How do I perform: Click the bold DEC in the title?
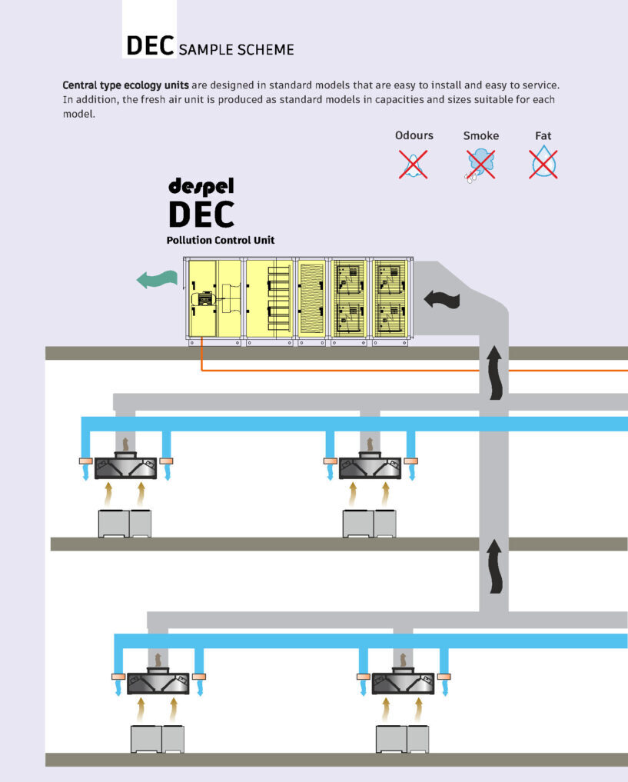click(151, 45)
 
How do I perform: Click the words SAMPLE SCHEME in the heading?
click(237, 50)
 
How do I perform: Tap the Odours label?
click(414, 135)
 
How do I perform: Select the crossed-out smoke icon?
click(480, 164)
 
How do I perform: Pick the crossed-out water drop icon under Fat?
click(543, 163)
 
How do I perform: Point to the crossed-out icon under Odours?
click(414, 164)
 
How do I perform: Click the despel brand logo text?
click(201, 186)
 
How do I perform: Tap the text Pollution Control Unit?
click(221, 241)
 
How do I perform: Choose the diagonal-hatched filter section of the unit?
click(312, 301)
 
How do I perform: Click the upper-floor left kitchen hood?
click(125, 466)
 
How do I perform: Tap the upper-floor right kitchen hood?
click(370, 466)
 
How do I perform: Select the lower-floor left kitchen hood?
click(158, 682)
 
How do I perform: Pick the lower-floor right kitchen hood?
click(403, 682)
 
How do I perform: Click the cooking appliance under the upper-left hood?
click(125, 523)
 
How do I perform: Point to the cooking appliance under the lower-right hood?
click(402, 738)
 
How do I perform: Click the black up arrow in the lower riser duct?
click(494, 566)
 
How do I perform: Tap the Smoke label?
click(480, 136)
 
